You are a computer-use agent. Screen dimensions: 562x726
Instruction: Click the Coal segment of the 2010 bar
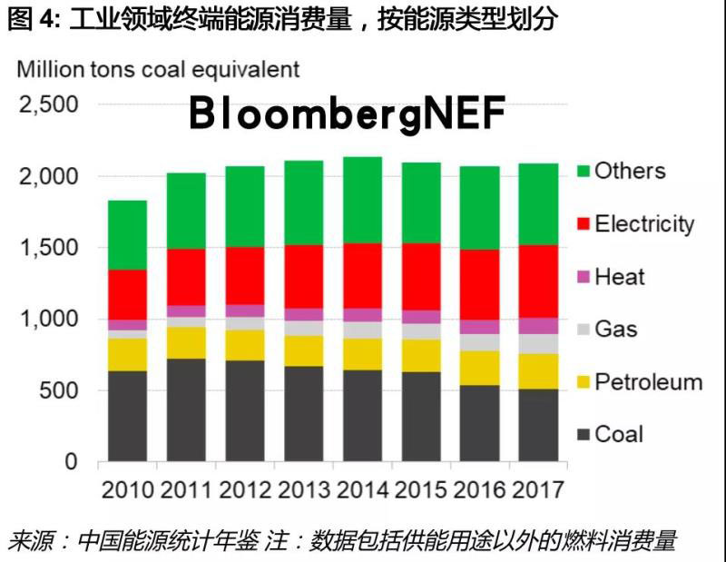point(127,416)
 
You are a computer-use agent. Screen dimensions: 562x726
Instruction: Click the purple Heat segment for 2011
point(185,311)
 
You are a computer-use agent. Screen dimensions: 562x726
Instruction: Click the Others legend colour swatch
point(583,172)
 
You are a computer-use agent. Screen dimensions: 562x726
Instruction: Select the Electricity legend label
point(643,224)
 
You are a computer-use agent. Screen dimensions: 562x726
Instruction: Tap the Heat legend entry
point(620,277)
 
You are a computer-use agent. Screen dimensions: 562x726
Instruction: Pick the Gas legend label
point(616,329)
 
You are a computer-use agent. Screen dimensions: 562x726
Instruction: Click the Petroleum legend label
point(648,381)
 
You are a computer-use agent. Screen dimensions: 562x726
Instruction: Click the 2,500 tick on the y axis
point(48,104)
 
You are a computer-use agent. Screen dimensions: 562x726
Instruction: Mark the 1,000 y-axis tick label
point(48,320)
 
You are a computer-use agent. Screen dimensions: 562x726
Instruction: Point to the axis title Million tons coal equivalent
point(159,69)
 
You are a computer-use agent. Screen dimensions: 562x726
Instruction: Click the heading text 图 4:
point(34,18)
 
